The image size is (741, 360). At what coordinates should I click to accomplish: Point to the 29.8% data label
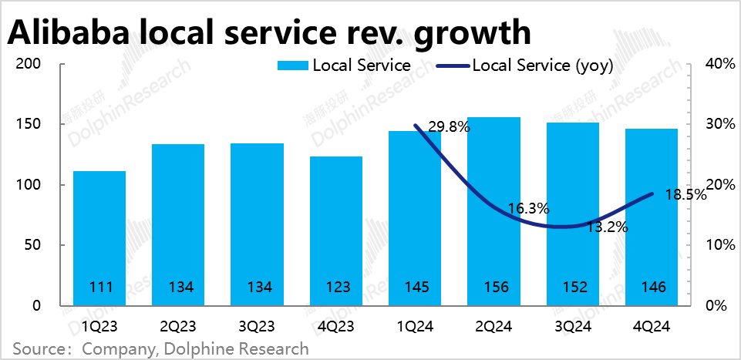pyautogui.click(x=448, y=127)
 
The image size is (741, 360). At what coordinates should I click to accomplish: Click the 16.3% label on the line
pyautogui.click(x=528, y=208)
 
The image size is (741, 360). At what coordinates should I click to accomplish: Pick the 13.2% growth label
pyautogui.click(x=606, y=227)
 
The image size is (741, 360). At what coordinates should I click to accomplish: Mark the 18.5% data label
pyautogui.click(x=685, y=195)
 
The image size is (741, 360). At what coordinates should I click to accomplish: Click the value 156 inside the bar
pyautogui.click(x=493, y=288)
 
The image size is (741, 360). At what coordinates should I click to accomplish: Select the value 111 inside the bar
pyautogui.click(x=99, y=288)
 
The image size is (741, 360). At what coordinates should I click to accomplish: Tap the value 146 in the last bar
pyautogui.click(x=652, y=288)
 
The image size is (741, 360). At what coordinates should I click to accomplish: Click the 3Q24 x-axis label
pyautogui.click(x=572, y=327)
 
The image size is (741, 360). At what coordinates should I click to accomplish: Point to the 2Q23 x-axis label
pyautogui.click(x=178, y=327)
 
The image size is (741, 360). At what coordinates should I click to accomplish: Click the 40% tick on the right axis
pyautogui.click(x=719, y=64)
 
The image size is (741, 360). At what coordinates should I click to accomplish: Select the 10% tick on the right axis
pyautogui.click(x=719, y=245)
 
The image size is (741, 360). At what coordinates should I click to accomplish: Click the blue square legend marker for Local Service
pyautogui.click(x=292, y=66)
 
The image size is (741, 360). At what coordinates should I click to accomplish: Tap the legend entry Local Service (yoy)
pyautogui.click(x=542, y=66)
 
